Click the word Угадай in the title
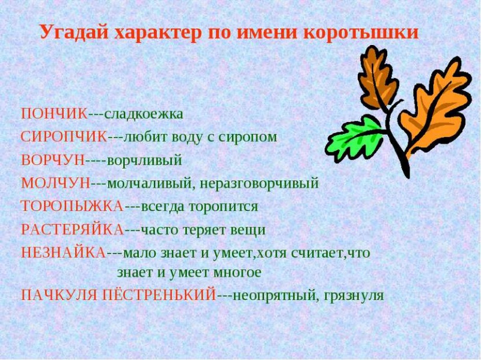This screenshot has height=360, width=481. [x=74, y=32]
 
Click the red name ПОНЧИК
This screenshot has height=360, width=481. [x=55, y=114]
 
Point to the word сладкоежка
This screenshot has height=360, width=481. [x=144, y=114]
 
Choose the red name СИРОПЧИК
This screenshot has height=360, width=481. [x=64, y=137]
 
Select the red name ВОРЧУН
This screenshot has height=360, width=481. [x=53, y=160]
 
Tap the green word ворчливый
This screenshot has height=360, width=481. [x=144, y=160]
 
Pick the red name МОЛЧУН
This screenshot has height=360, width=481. [x=55, y=183]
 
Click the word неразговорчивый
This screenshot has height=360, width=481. [x=260, y=185]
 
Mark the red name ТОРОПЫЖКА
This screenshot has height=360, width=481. [x=72, y=206]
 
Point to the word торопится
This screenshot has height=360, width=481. [x=223, y=207]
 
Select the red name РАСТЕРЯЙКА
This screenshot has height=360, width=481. [x=72, y=230]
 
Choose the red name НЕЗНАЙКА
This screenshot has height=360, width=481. [x=64, y=253]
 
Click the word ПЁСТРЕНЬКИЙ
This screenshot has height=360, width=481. [x=159, y=294]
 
